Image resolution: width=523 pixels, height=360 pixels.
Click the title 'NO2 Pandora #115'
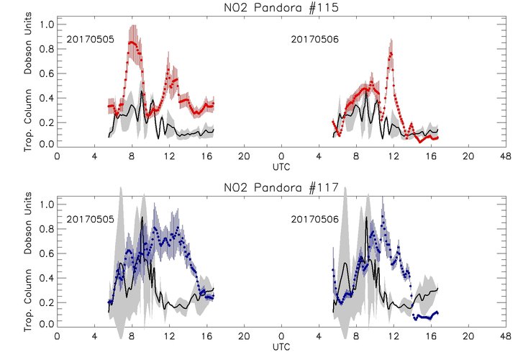coord(281,8)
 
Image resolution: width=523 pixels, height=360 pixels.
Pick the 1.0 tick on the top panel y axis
coord(47,24)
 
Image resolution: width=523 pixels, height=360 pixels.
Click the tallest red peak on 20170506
coord(391,51)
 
